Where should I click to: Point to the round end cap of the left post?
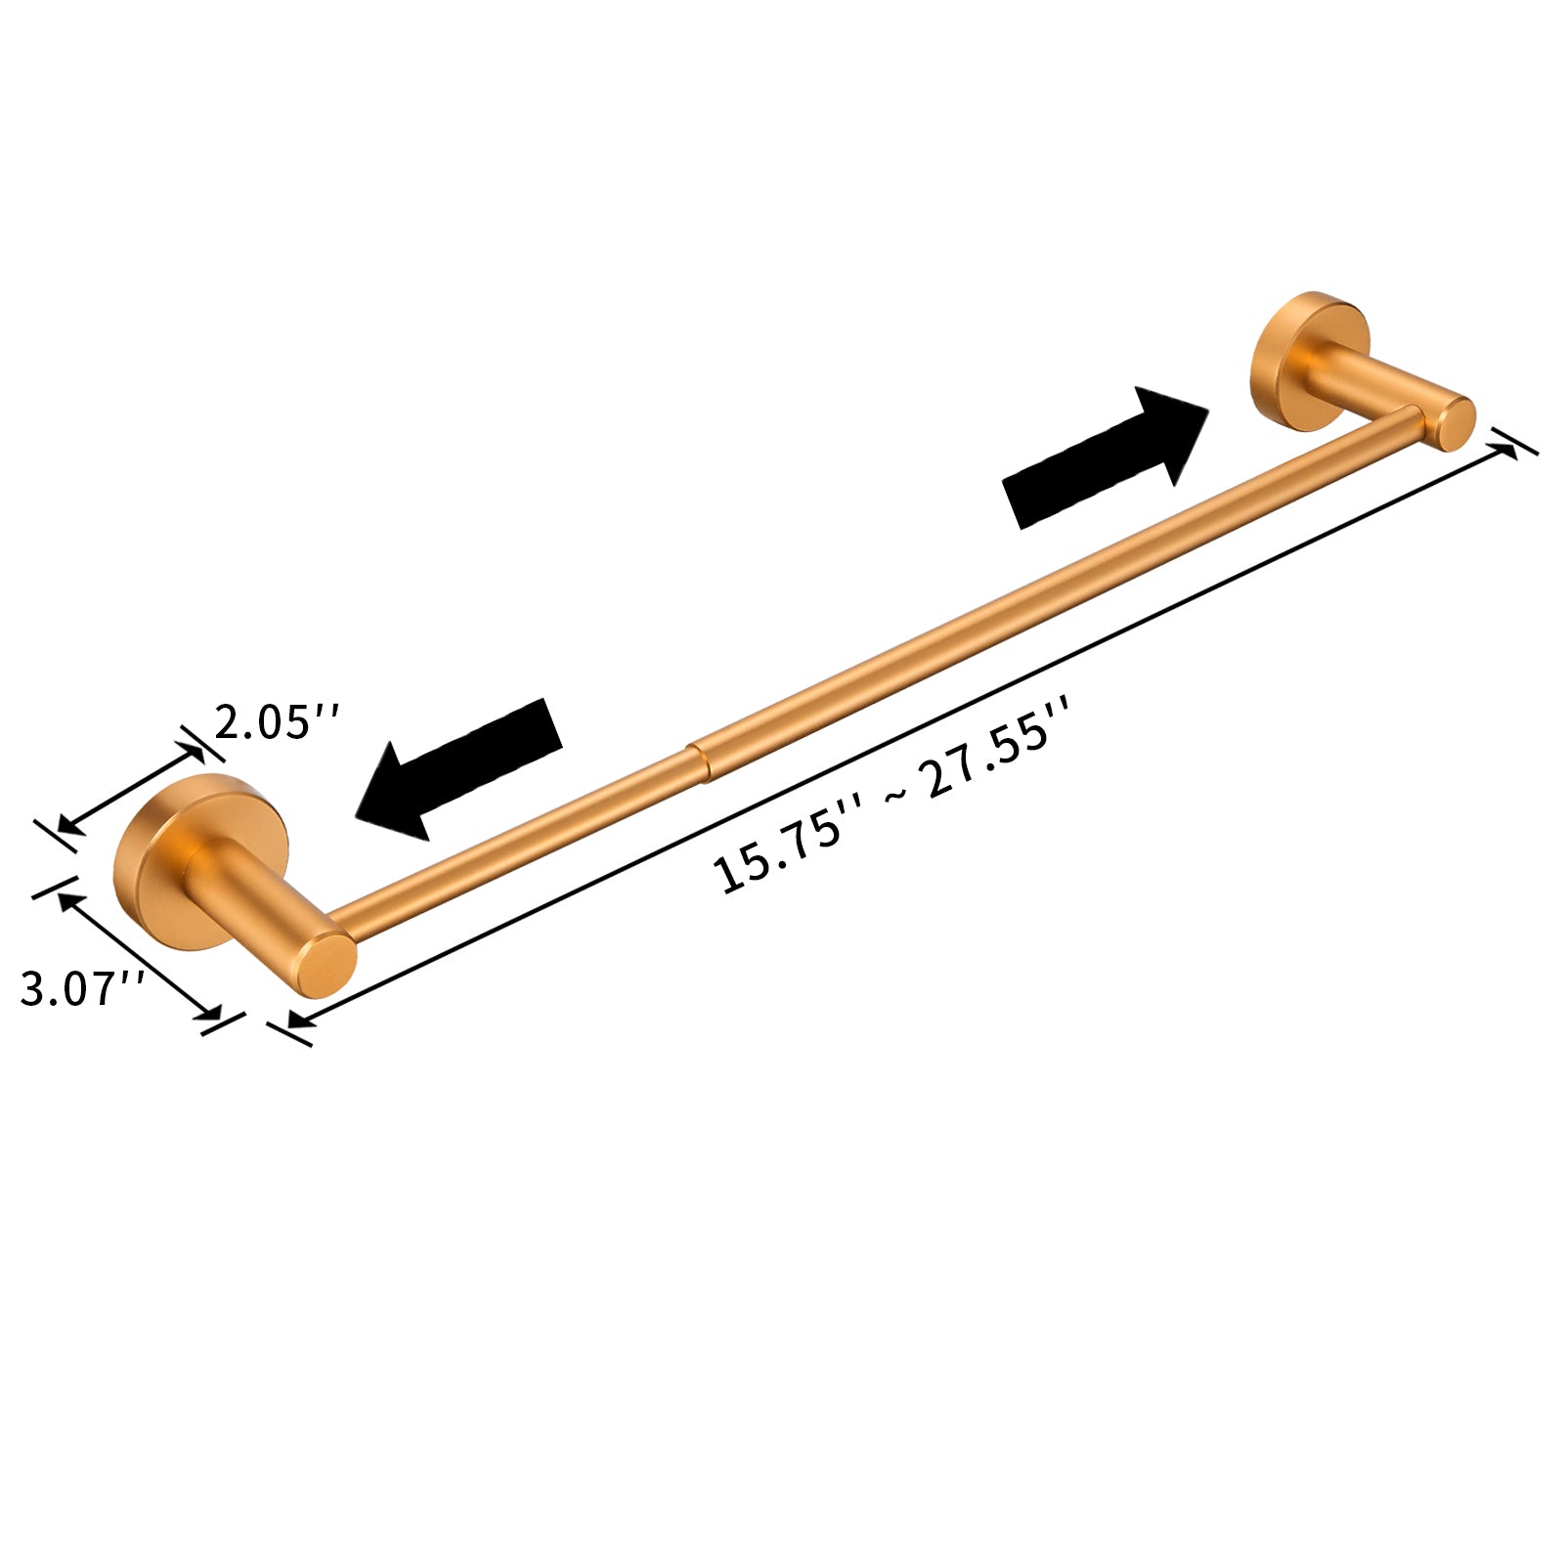tap(325, 966)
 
